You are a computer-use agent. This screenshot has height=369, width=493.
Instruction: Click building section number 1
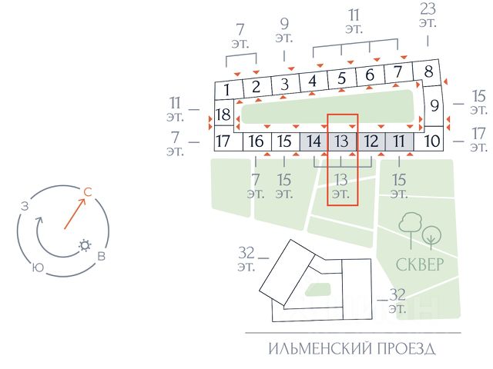(227, 90)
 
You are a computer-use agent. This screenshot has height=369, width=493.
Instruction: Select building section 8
(428, 73)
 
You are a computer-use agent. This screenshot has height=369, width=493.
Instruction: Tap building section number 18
(223, 115)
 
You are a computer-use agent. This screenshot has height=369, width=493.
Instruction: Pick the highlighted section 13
(342, 141)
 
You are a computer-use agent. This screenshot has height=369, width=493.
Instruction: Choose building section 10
(431, 141)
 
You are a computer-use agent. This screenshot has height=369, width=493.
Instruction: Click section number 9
(434, 105)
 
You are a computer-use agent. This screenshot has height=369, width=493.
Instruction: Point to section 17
(223, 141)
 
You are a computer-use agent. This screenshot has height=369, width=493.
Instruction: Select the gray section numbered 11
(399, 141)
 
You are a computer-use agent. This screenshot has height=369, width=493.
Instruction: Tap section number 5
(342, 78)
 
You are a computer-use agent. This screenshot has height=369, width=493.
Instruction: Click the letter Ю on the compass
(37, 268)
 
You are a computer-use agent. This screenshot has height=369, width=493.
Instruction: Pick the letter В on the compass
(101, 257)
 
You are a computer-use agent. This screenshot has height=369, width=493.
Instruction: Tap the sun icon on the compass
(84, 246)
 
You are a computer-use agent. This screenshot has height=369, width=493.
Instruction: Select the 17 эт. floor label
(478, 140)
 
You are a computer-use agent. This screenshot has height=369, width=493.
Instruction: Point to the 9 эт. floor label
(285, 30)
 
